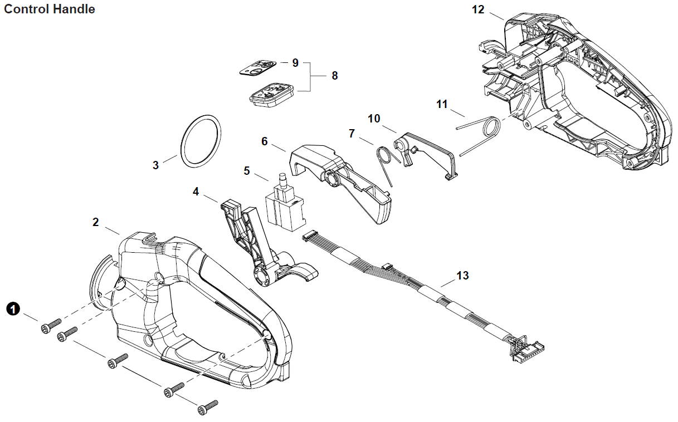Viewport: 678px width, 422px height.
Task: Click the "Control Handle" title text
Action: [50, 9]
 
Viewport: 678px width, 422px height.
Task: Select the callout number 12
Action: [478, 10]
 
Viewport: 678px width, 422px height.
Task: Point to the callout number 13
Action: [462, 276]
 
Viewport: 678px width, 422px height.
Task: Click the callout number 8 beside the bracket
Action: [334, 76]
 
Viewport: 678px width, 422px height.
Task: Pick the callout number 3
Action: [155, 165]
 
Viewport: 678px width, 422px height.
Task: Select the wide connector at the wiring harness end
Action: [523, 347]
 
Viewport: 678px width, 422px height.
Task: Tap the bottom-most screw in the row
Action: [208, 408]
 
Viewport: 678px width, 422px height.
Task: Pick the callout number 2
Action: [96, 223]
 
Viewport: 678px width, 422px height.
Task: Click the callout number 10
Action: [374, 119]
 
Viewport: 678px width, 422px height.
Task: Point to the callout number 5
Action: [247, 171]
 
